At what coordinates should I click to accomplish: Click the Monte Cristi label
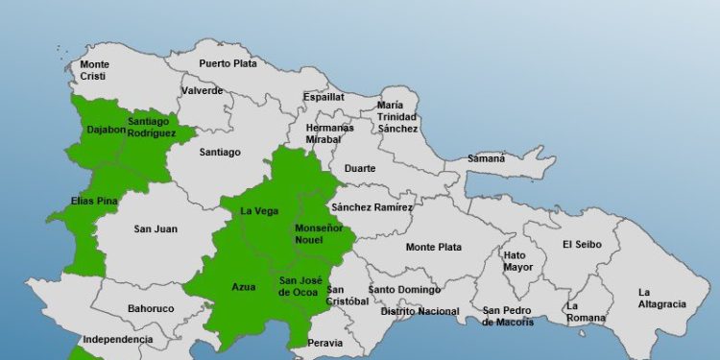coord(94,70)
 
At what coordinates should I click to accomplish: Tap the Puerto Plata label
coord(228,63)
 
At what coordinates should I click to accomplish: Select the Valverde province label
coord(202,91)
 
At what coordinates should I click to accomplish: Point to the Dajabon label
coord(106,130)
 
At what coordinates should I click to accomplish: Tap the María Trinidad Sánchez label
coord(396,116)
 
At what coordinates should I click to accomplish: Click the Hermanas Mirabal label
coord(329,133)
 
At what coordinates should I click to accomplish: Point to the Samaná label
coord(486,158)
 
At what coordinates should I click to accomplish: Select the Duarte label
coord(360,168)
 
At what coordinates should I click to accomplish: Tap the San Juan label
coord(155,228)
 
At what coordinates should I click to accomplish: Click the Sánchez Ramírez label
coord(371,207)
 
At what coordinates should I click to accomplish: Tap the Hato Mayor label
coord(518,260)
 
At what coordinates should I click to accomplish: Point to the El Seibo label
coord(582,244)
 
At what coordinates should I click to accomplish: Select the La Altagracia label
coord(661,298)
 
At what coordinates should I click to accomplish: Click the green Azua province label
coord(244,286)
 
